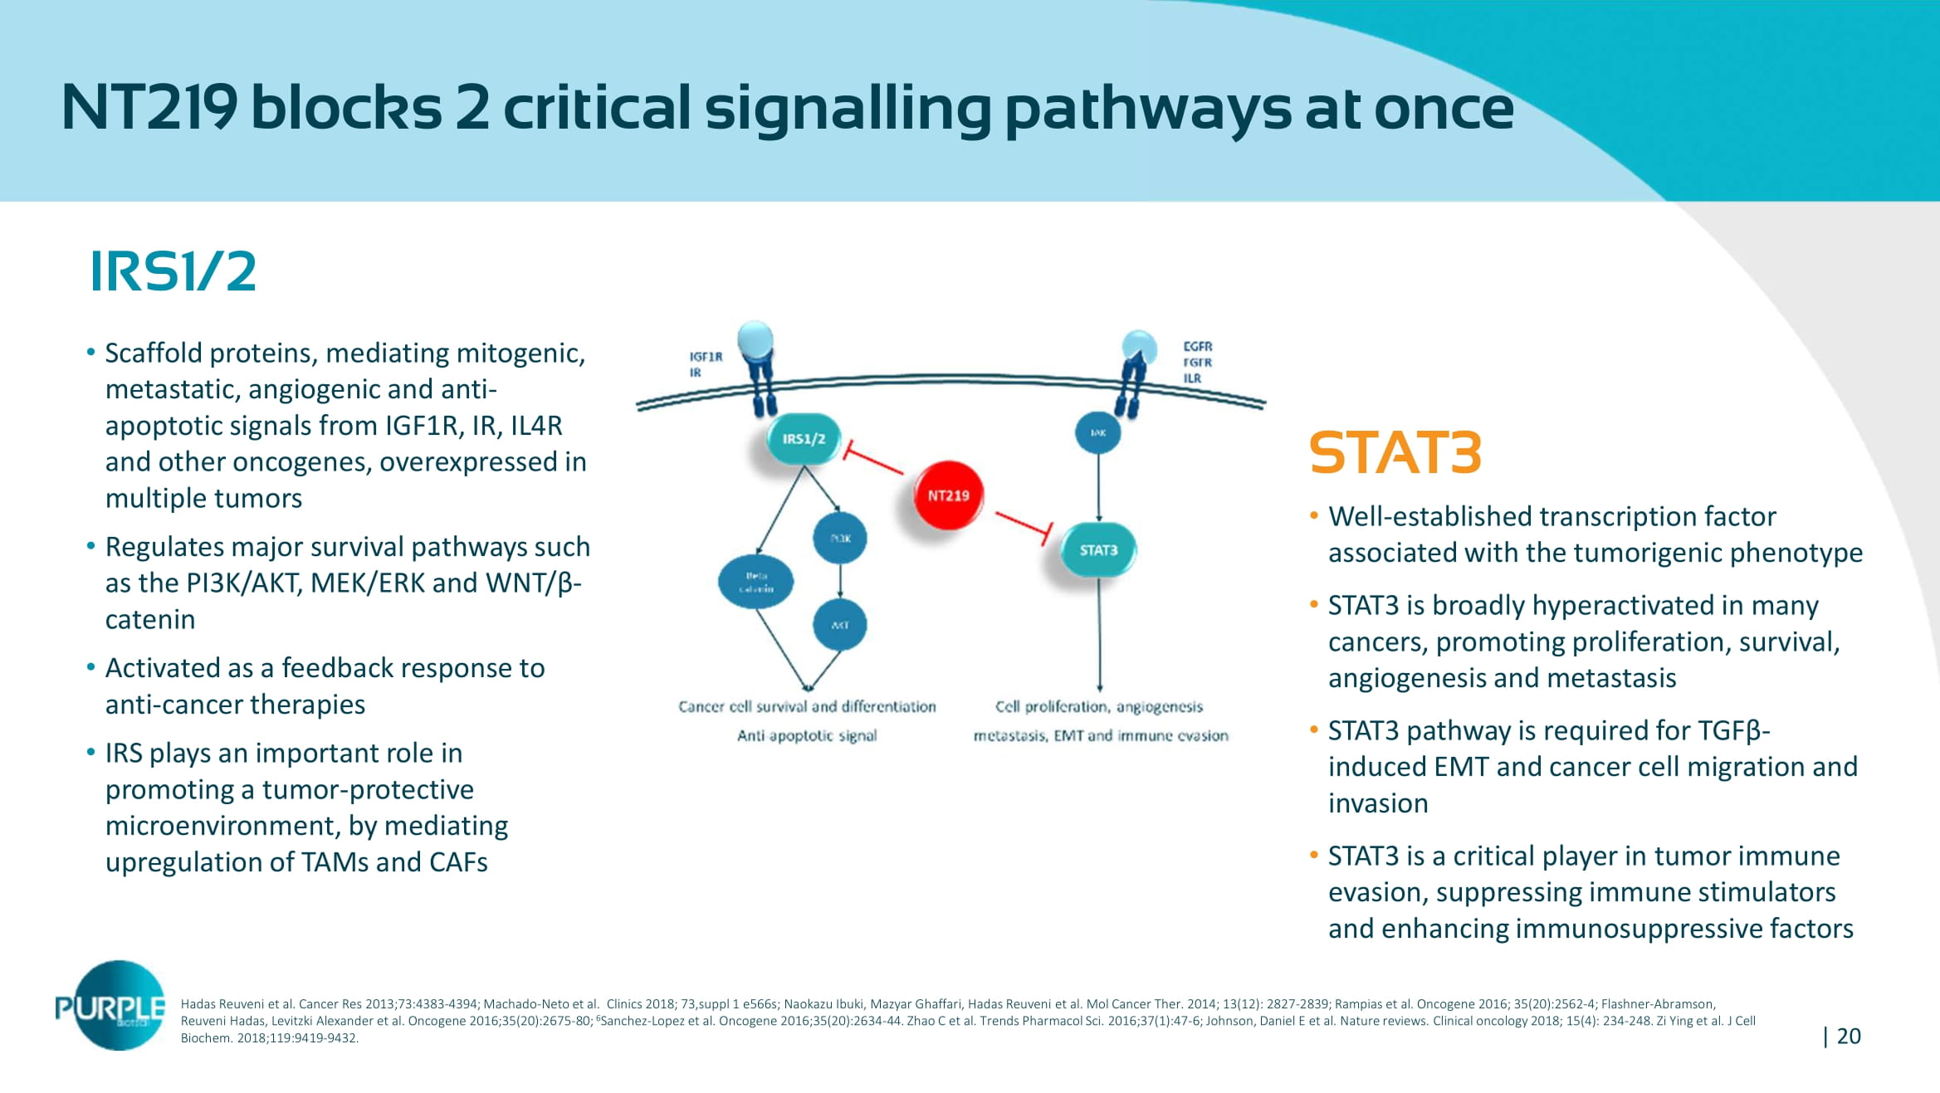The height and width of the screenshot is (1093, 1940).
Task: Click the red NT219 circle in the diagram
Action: (x=948, y=495)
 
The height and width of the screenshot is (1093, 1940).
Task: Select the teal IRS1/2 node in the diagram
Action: (x=803, y=438)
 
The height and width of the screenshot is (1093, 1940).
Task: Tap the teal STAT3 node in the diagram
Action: (x=1098, y=550)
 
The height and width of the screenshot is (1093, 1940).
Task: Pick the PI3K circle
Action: (x=840, y=539)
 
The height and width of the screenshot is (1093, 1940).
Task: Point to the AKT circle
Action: (x=840, y=625)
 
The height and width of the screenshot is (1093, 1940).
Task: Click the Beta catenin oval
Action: (x=755, y=582)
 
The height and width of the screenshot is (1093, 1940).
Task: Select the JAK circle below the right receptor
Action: (x=1097, y=432)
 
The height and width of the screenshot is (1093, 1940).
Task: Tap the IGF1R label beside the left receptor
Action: (x=706, y=357)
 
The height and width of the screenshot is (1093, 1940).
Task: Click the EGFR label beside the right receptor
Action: (x=1197, y=347)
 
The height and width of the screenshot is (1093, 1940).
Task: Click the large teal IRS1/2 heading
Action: (x=173, y=271)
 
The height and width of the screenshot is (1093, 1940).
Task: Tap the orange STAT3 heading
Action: (x=1395, y=453)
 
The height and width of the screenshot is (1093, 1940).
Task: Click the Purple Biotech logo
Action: (x=111, y=1007)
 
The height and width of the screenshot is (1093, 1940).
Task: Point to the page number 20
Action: (x=1848, y=1037)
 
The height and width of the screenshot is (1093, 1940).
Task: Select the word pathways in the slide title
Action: (x=1147, y=109)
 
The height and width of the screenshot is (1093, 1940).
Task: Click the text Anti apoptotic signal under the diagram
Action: (x=807, y=735)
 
